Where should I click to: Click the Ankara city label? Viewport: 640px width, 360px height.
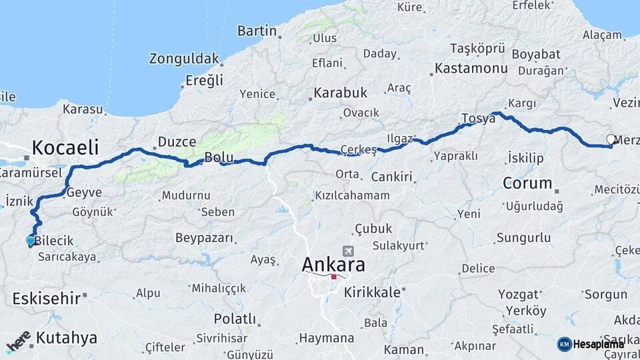333,265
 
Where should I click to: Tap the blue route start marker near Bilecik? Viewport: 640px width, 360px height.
31,241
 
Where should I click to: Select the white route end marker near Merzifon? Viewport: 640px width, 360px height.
611,140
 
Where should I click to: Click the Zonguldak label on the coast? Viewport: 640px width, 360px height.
184,59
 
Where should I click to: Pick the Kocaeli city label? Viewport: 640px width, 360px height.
65,147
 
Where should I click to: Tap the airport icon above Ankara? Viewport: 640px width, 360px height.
347,251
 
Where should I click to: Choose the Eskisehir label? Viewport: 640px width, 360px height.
46,299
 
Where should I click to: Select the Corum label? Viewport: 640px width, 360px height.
527,183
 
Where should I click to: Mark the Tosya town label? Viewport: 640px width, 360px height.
479,119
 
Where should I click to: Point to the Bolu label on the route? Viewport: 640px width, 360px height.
219,158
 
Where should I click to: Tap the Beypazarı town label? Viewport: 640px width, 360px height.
204,238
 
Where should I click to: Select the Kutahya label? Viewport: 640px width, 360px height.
67,338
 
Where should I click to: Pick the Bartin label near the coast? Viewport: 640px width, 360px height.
257,31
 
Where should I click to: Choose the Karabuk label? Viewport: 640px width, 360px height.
341,93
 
